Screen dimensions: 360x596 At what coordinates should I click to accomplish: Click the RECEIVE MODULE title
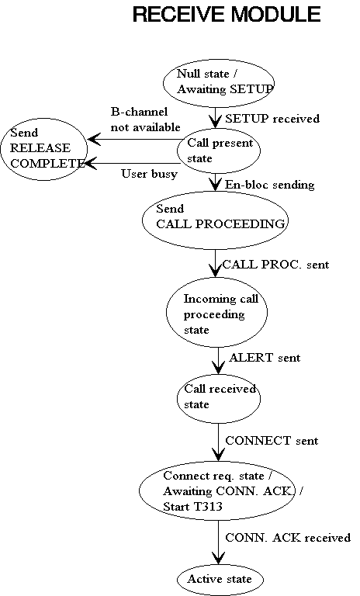(227, 15)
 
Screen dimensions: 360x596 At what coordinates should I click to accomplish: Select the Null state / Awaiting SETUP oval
(219, 83)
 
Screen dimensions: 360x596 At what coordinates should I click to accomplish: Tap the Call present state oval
(219, 151)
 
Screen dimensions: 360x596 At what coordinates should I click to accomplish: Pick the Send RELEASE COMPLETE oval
(43, 149)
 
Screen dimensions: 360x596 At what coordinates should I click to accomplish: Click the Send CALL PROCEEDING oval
(215, 220)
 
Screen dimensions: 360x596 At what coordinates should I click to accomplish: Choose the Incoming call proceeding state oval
(216, 312)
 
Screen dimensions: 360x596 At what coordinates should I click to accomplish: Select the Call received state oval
(219, 398)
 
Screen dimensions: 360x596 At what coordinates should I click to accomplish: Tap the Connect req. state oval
(216, 490)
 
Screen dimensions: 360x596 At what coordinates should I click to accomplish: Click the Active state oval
(220, 579)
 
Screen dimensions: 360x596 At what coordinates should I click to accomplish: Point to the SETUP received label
(272, 119)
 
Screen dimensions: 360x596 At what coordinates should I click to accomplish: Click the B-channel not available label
(145, 120)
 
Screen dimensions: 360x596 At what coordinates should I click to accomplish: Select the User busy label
(150, 174)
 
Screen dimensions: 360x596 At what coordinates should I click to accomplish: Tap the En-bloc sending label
(269, 185)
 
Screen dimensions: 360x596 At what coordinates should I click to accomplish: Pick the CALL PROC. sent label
(275, 265)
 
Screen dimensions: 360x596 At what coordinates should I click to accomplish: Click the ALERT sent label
(265, 358)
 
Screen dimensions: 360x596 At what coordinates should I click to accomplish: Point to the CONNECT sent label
(272, 441)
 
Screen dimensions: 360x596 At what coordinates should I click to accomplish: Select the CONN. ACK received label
(288, 538)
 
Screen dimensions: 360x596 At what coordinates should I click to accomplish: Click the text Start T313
(192, 507)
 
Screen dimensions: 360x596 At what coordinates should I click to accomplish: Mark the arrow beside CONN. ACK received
(218, 542)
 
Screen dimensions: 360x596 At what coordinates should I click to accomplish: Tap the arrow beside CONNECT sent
(218, 442)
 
